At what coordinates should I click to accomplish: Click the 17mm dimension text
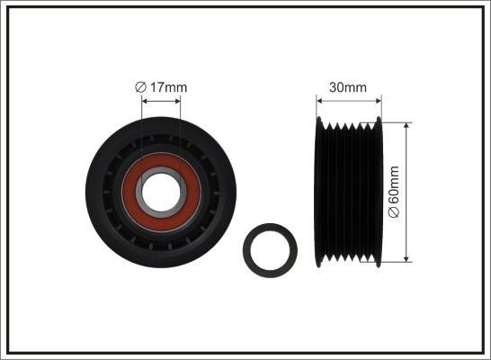click(168, 86)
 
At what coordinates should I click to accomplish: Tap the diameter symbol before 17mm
click(139, 86)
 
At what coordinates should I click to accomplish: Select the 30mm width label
click(349, 87)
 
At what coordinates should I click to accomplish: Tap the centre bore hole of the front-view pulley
click(160, 186)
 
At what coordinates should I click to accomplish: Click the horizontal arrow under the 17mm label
click(160, 100)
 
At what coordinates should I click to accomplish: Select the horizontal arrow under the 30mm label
click(348, 100)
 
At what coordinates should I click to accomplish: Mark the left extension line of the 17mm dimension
click(141, 126)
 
